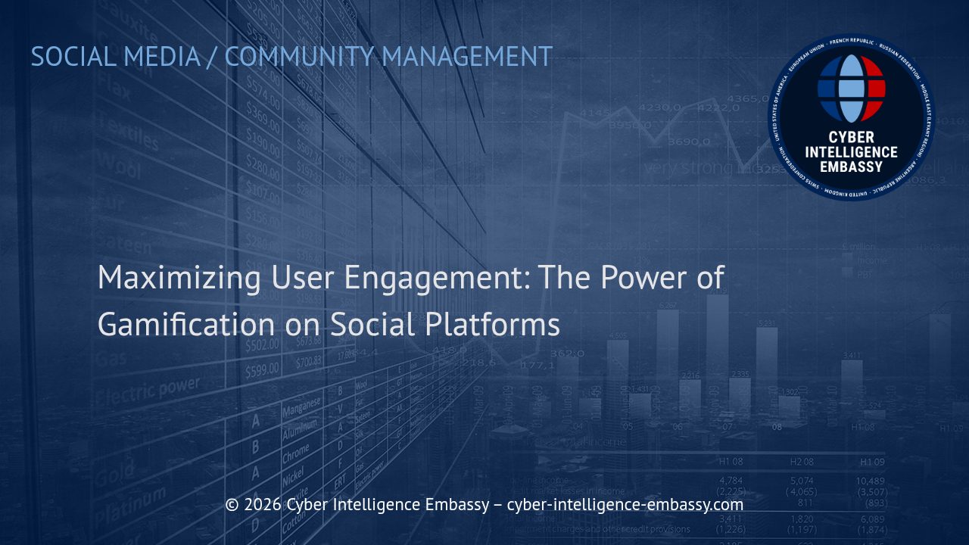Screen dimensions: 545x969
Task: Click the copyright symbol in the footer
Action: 232,505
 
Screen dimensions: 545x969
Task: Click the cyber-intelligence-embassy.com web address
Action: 625,505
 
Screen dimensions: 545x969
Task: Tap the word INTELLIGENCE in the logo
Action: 852,152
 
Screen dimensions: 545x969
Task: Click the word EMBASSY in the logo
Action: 852,167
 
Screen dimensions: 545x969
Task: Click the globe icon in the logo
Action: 852,89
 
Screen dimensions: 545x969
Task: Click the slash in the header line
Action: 211,57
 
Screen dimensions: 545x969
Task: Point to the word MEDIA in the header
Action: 161,57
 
